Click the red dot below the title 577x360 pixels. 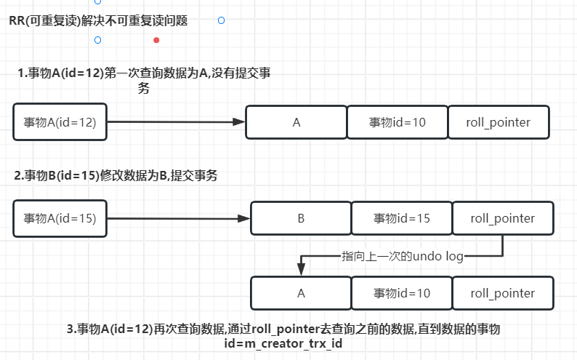click(156, 40)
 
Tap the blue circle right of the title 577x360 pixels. click(221, 20)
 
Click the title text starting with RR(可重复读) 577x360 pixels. click(98, 21)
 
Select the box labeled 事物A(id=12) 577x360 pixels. click(60, 122)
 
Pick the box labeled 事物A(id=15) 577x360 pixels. click(60, 218)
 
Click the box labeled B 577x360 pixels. click(300, 218)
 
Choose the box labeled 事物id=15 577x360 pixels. click(402, 218)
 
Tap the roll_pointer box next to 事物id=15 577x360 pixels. click(503, 218)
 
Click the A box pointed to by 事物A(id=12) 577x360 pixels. click(296, 122)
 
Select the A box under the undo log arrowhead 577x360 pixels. click(300, 293)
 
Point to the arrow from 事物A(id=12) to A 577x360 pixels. click(174, 122)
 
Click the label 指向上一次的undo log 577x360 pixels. click(402, 256)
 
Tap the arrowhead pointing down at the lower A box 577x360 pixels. click(300, 269)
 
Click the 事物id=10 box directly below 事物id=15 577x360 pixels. click(402, 293)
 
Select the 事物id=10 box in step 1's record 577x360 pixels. click(397, 122)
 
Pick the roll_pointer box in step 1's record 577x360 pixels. click(499, 122)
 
